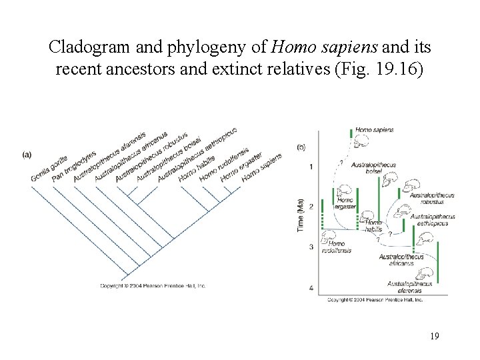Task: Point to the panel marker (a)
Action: click(x=27, y=155)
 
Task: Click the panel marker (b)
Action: click(x=301, y=147)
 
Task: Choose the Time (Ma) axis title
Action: click(x=301, y=215)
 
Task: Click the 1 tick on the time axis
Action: click(x=311, y=166)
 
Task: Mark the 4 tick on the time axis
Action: click(x=311, y=288)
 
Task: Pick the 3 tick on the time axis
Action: click(x=311, y=247)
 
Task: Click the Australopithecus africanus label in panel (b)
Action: click(x=401, y=260)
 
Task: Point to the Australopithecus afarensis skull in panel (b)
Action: click(x=436, y=275)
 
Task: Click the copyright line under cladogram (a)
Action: click(x=153, y=286)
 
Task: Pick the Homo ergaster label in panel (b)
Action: click(x=345, y=203)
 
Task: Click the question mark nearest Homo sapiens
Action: click(x=342, y=161)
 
